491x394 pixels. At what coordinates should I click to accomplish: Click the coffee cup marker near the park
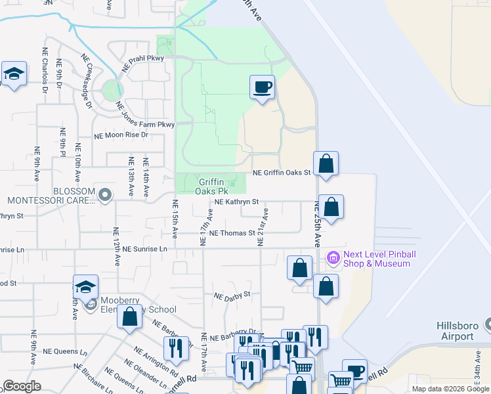(x=262, y=87)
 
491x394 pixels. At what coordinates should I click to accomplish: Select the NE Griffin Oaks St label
(x=282, y=173)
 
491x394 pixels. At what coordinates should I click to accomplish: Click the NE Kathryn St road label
(x=237, y=202)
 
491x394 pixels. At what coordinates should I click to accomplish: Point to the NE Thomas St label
(x=232, y=232)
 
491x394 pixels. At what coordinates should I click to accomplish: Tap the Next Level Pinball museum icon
(x=333, y=258)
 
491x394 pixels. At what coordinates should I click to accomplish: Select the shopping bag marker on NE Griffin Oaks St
(x=326, y=164)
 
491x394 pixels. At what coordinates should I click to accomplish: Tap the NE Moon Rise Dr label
(x=121, y=135)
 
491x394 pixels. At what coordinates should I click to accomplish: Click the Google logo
(x=22, y=386)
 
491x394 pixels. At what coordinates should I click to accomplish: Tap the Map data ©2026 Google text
(x=450, y=389)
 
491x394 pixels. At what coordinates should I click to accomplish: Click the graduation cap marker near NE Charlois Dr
(x=13, y=74)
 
